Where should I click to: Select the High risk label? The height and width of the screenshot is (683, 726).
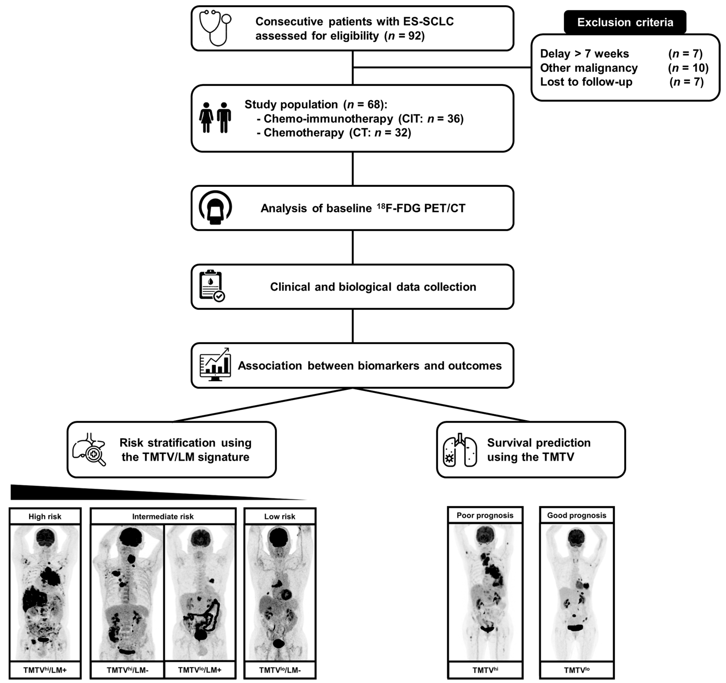click(x=45, y=516)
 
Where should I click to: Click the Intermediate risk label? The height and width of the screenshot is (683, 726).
click(x=163, y=516)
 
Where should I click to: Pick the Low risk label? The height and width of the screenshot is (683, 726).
click(x=280, y=516)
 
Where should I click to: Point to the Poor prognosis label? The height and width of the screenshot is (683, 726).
click(x=485, y=515)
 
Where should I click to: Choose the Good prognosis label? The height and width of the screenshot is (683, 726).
click(x=577, y=515)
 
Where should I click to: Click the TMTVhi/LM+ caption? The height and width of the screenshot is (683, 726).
click(x=45, y=670)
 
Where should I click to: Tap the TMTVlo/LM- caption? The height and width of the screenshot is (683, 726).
click(x=280, y=670)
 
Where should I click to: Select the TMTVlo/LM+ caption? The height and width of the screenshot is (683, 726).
click(x=200, y=670)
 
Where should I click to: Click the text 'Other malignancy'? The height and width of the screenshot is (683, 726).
click(x=589, y=68)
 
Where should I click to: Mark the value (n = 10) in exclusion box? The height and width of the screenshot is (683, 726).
click(x=688, y=68)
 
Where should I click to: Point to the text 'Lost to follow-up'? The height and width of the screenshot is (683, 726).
click(x=586, y=82)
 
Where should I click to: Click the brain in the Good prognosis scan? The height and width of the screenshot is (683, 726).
click(x=577, y=537)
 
